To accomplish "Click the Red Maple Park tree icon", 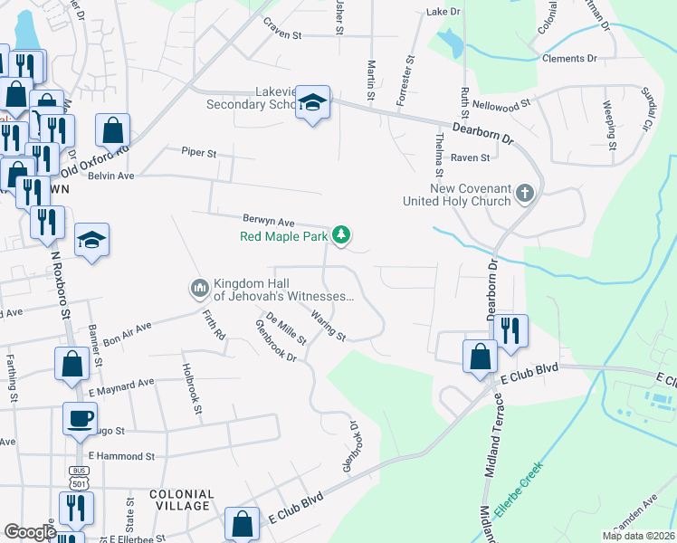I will coord(341,235).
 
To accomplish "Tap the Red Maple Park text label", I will coord(284,237).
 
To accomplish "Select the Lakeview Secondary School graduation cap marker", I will coord(312,104).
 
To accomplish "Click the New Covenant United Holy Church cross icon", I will coord(524,193).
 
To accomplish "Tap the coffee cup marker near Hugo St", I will coord(80,418).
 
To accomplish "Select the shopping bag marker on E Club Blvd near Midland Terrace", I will coord(479,356).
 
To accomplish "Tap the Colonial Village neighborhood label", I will coord(182,500).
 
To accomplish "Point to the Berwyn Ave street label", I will coord(269,221).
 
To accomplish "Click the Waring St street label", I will coord(328,326).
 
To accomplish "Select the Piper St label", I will coord(198,153).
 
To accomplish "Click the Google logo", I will coord(30,532).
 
